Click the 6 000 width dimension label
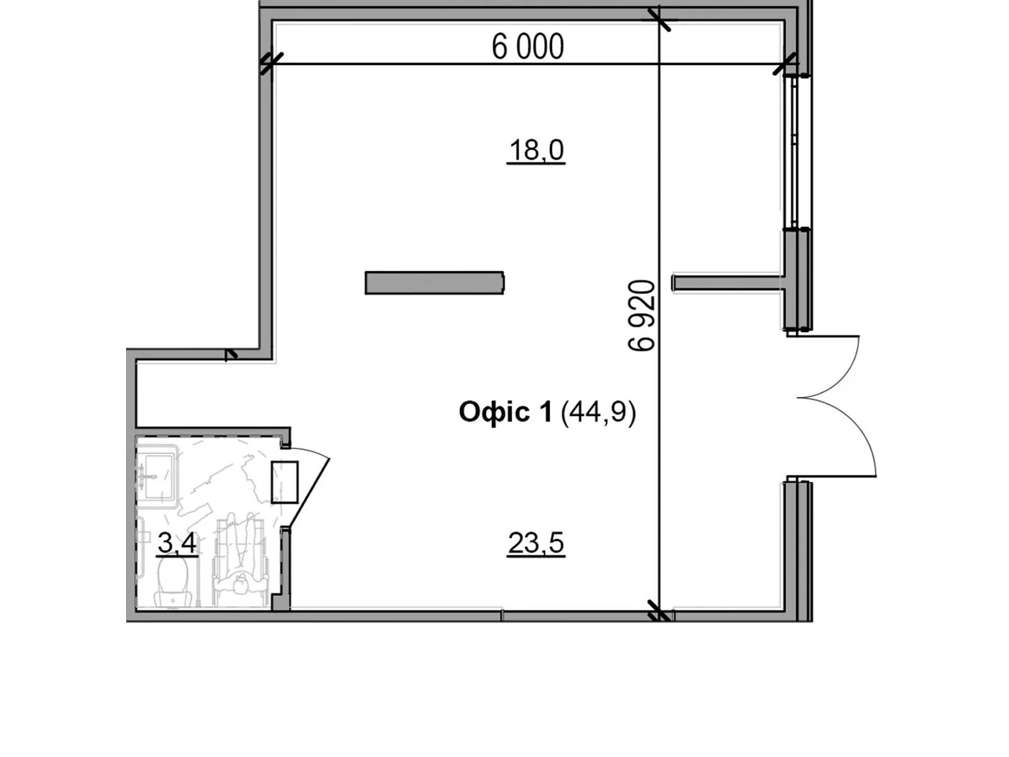(x=528, y=47)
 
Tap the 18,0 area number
(x=536, y=150)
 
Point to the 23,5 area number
(x=536, y=543)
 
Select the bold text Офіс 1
(x=505, y=412)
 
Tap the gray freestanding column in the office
(x=435, y=283)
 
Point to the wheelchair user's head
(x=240, y=586)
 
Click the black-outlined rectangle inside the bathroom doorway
(x=284, y=482)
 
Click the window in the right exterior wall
(x=795, y=151)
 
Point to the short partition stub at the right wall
(x=728, y=283)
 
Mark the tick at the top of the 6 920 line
(x=659, y=20)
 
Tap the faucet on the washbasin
(x=143, y=476)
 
